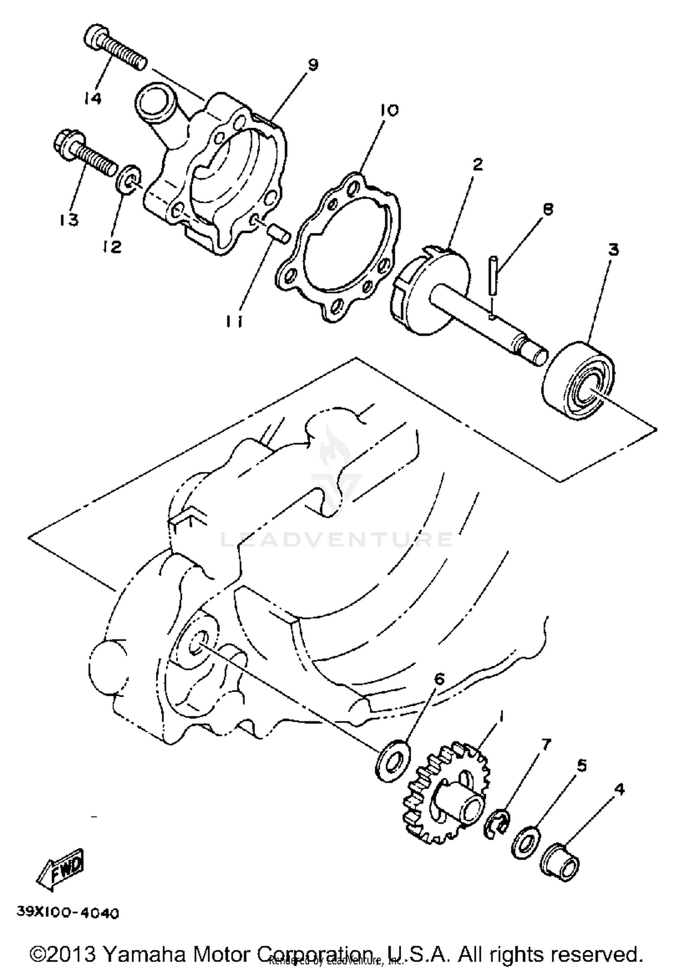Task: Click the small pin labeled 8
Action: tap(493, 274)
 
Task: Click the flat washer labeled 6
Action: tap(393, 759)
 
